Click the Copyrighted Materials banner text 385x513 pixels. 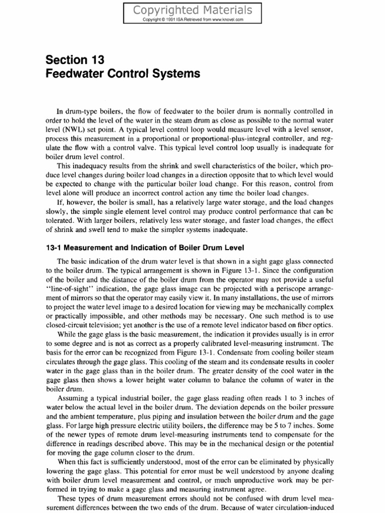[192, 10]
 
